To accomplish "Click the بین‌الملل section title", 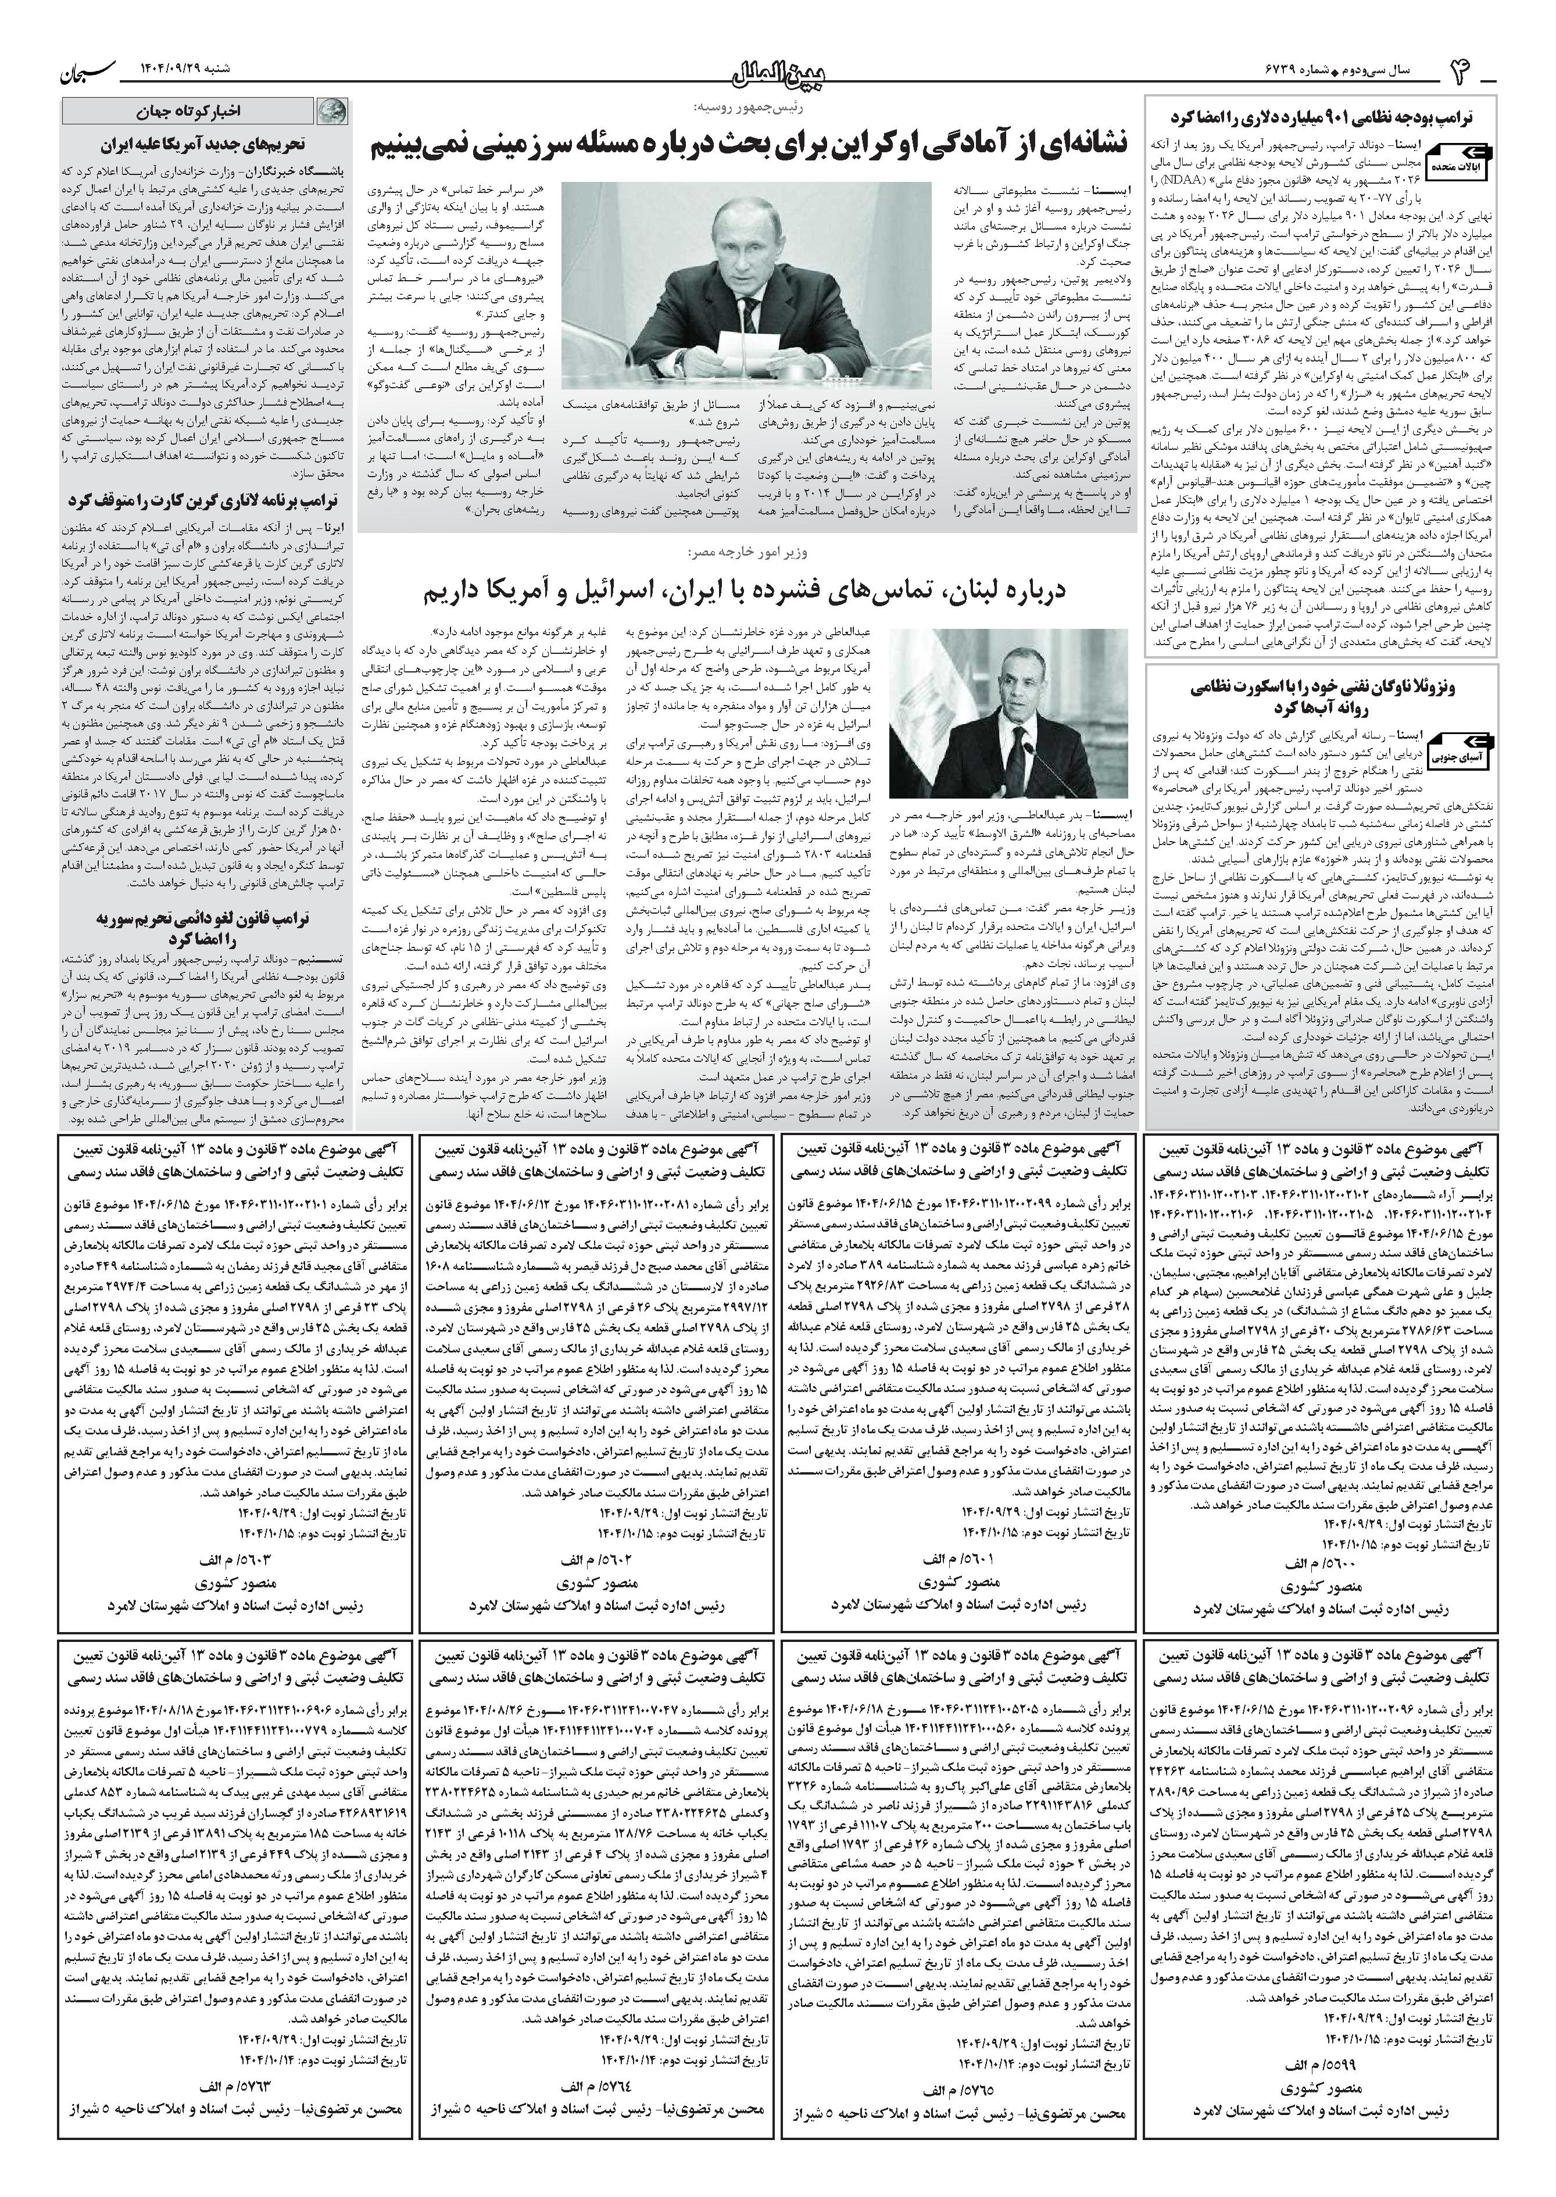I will click(778, 73).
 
